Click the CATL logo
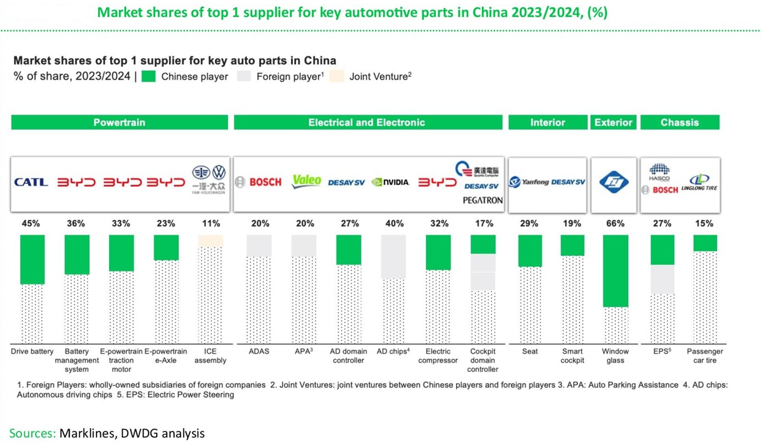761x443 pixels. pos(31,182)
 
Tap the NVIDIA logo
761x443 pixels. pos(390,182)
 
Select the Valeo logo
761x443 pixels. pos(306,181)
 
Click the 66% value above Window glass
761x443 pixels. pos(615,224)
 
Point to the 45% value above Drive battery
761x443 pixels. pos(31,224)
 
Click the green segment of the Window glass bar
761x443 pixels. pos(615,271)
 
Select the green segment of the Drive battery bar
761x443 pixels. pos(32,259)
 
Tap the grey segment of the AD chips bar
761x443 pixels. pos(393,256)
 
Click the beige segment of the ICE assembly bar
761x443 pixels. pos(210,241)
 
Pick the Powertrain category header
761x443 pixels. pos(119,122)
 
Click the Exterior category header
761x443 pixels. pos(613,122)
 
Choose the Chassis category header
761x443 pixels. pos(680,122)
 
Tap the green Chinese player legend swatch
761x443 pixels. pos(149,76)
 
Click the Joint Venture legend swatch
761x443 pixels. pos(337,76)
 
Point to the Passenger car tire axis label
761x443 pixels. pos(705,356)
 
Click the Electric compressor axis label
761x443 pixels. pos(438,356)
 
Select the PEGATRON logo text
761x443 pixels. pos(482,200)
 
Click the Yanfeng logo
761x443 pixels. pos(529,182)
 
